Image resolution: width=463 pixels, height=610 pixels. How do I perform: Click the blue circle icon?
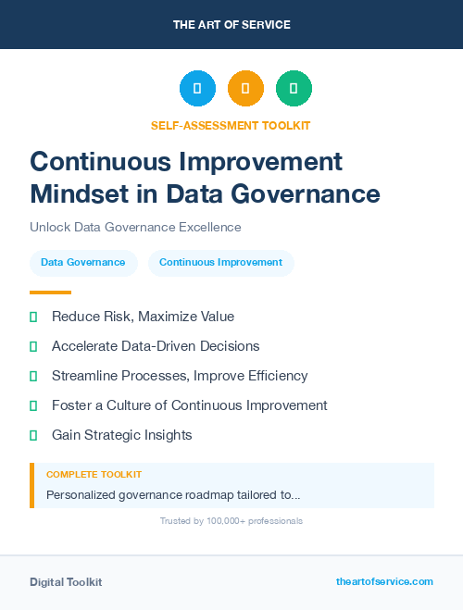[x=197, y=89]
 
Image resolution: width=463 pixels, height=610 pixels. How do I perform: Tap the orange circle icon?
[x=245, y=89]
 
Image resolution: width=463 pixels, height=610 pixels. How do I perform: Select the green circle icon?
[x=294, y=89]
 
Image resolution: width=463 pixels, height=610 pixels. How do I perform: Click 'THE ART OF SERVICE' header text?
[x=231, y=25]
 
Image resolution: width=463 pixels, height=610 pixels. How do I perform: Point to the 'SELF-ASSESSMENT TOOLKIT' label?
[x=231, y=125]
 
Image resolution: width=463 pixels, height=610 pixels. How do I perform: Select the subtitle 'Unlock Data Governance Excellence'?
[x=135, y=227]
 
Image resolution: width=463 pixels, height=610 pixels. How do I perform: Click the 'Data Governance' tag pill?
[x=83, y=263]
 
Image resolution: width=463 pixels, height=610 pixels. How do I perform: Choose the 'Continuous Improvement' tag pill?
[x=220, y=263]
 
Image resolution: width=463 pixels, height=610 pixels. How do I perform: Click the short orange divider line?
[x=50, y=293]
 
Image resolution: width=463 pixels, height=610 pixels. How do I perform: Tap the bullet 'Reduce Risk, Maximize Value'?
[x=143, y=317]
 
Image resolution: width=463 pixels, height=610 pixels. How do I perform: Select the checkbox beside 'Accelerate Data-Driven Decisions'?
[x=33, y=346]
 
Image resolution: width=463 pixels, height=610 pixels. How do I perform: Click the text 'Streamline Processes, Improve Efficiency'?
[x=180, y=376]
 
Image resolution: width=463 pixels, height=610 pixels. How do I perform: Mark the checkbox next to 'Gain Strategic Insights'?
[x=33, y=435]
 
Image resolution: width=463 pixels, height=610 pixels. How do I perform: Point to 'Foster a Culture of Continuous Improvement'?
[x=190, y=405]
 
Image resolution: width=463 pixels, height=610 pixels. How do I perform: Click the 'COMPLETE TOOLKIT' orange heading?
[x=94, y=474]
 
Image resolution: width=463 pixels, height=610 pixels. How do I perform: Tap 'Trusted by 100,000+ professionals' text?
[x=231, y=521]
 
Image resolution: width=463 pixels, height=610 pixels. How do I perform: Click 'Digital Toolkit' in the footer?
[x=66, y=582]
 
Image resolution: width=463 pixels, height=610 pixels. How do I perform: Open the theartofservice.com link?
[x=384, y=581]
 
